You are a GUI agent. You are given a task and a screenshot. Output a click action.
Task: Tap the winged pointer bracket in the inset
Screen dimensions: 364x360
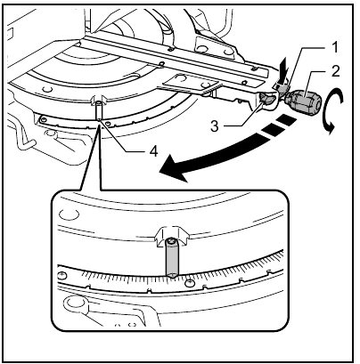169,236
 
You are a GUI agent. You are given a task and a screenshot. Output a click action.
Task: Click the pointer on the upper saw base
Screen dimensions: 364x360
99,109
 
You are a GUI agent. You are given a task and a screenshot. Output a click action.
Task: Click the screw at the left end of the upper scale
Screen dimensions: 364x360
41,117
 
